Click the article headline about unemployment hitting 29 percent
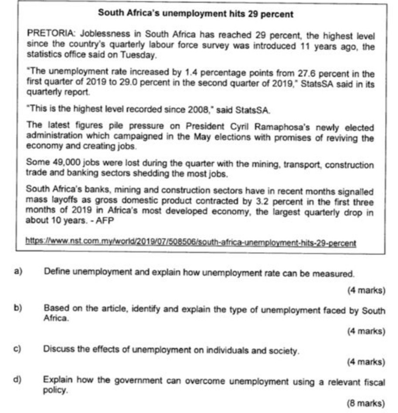196,14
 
